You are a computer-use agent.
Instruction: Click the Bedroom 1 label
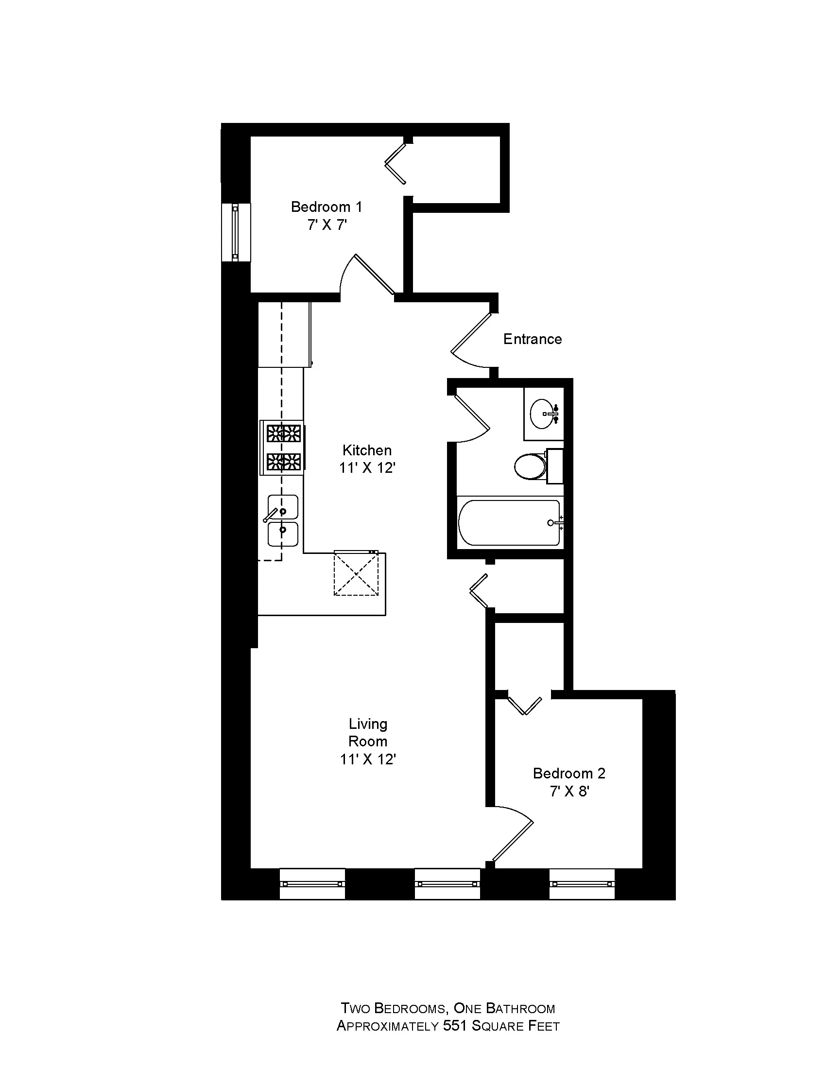327,207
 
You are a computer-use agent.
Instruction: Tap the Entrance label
533,339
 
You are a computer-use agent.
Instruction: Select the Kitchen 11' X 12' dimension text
367,468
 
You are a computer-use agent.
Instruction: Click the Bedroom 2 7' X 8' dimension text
569,791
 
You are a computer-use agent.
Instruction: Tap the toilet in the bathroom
531,466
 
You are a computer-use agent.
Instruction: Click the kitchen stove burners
282,448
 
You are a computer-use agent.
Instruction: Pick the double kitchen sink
283,520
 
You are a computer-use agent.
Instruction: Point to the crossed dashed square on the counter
356,573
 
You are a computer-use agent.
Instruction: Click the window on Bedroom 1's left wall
236,231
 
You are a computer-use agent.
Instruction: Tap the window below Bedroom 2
581,883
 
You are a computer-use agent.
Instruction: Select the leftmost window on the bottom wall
312,883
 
